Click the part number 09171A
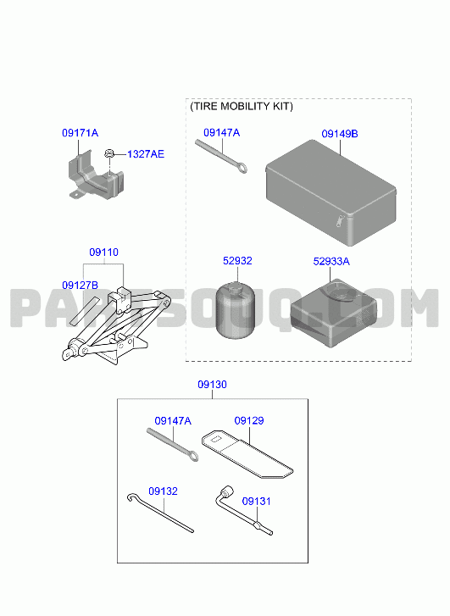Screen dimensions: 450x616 click(80, 133)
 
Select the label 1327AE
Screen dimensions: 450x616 click(146, 154)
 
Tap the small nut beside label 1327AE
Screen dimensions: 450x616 click(109, 153)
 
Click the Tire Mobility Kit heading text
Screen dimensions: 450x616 click(242, 107)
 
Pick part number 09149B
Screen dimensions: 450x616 click(340, 134)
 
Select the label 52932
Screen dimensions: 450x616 click(237, 261)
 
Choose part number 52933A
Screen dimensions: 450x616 click(331, 262)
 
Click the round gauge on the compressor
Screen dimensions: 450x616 click(339, 291)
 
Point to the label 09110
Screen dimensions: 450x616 click(103, 253)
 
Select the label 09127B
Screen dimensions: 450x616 click(80, 286)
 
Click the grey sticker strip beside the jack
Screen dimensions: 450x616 click(85, 311)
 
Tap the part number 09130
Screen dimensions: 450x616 click(212, 385)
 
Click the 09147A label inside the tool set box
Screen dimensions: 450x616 click(173, 421)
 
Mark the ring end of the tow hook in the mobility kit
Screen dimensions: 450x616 click(242, 169)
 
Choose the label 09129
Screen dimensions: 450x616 click(249, 421)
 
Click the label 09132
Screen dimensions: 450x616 click(163, 491)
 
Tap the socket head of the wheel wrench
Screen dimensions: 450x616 click(227, 491)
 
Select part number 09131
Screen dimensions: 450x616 click(256, 502)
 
